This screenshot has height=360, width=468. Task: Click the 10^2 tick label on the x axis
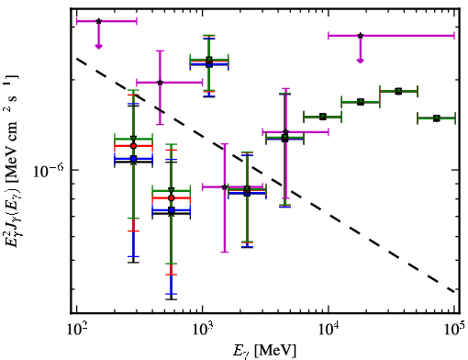click(x=76, y=330)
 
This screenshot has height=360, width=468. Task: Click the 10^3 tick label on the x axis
click(x=203, y=330)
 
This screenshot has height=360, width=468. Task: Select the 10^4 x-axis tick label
click(x=329, y=330)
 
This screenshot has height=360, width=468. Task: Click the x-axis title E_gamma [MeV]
click(x=264, y=351)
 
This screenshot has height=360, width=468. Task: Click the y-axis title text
click(x=12, y=162)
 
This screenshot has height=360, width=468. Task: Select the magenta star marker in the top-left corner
click(x=98, y=21)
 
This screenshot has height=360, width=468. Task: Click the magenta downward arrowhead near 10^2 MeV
click(x=98, y=46)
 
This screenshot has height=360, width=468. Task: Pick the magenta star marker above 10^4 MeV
click(x=361, y=36)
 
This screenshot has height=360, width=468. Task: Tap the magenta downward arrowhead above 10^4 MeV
click(x=361, y=61)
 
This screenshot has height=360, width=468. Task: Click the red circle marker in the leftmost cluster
click(x=133, y=146)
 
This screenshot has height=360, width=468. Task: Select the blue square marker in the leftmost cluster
click(x=133, y=159)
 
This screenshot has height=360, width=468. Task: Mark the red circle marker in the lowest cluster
click(x=172, y=198)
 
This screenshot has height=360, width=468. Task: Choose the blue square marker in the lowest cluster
click(x=172, y=210)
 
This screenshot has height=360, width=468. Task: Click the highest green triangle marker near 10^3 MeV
click(x=209, y=59)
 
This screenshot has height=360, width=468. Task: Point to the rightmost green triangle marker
click(x=437, y=118)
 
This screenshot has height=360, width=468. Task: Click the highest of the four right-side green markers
click(x=398, y=91)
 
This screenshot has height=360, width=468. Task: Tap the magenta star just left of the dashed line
click(x=160, y=83)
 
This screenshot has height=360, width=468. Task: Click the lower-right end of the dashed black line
click(x=454, y=292)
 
